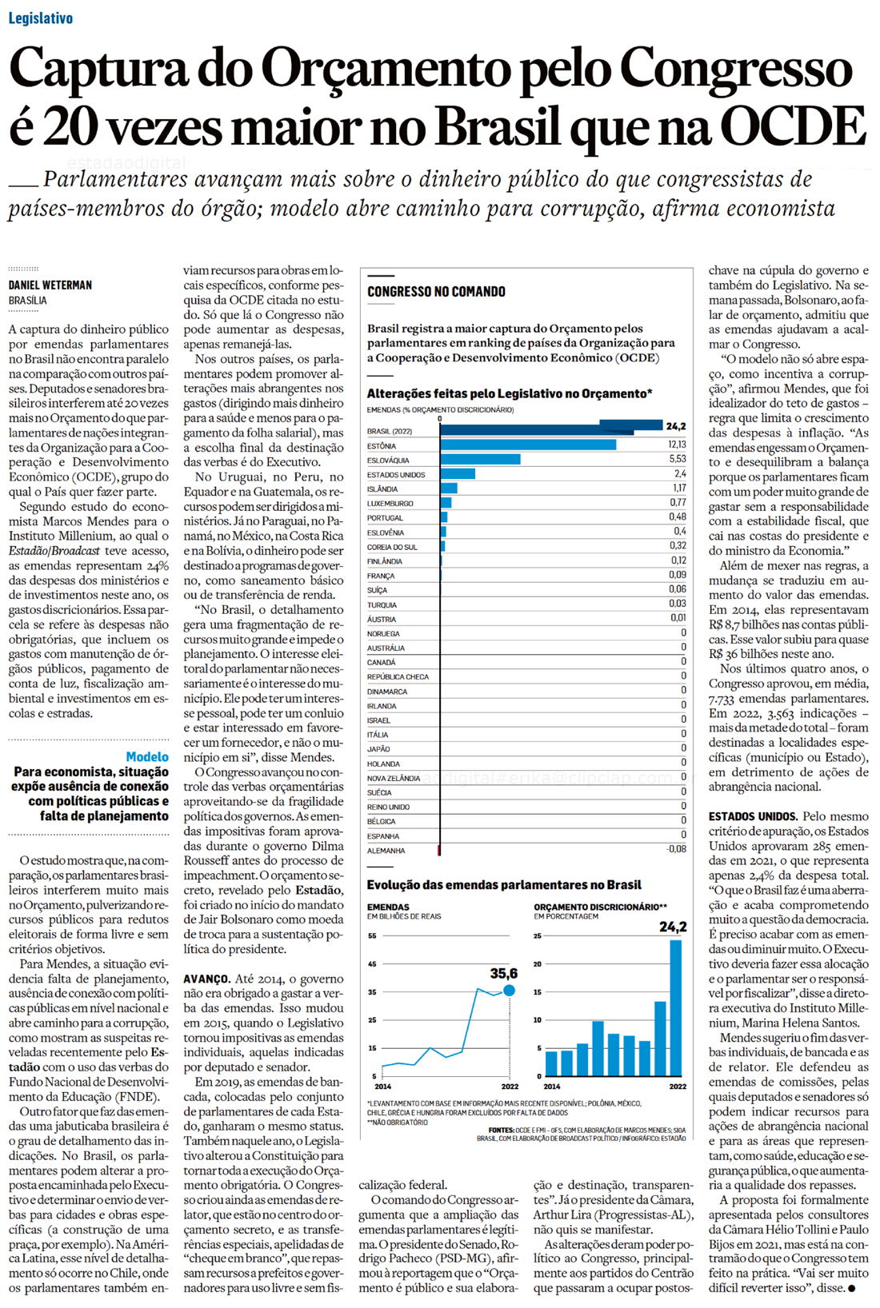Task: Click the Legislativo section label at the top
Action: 41,18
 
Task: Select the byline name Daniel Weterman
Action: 50,285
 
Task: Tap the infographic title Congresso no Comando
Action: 436,292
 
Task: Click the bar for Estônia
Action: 528,445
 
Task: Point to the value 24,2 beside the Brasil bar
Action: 675,426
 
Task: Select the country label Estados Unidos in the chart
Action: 396,475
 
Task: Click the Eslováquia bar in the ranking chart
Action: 480,460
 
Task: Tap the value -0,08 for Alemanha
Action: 676,849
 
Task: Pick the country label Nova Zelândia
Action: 394,778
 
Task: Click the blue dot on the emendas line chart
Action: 509,991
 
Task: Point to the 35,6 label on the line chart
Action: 504,973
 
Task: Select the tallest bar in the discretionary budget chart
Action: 676,1007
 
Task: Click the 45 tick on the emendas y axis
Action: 372,964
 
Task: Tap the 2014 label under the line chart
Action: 383,1087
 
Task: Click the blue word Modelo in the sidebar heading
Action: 147,756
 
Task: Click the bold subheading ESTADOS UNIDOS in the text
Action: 753,816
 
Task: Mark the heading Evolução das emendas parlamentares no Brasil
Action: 504,885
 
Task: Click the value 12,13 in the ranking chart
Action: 677,445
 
